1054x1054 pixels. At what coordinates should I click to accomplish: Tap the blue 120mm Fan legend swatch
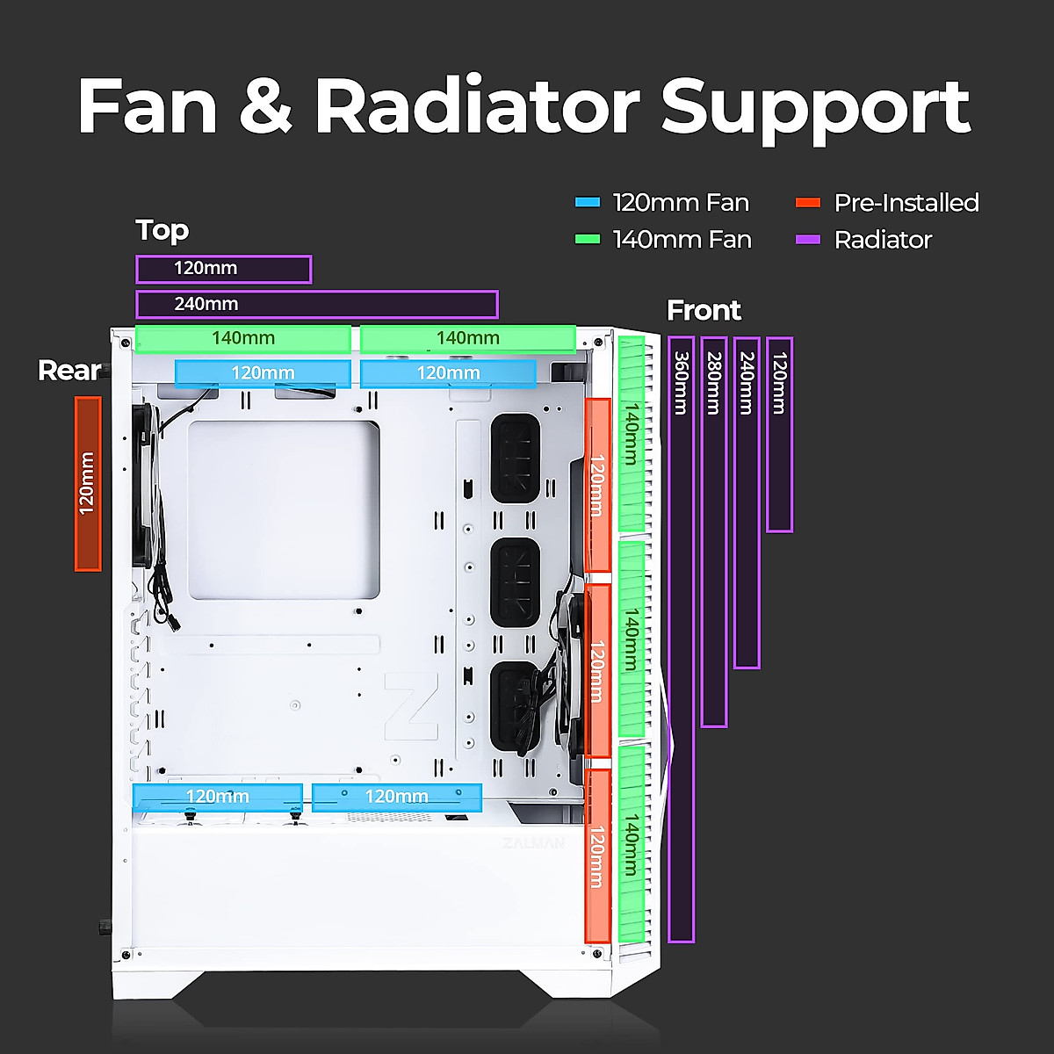[587, 202]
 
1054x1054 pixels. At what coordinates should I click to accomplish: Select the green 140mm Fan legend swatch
[587, 239]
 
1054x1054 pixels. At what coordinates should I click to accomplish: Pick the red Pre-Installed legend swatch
[807, 202]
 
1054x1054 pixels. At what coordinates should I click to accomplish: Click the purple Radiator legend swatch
[807, 239]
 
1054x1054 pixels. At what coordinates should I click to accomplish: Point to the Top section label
[162, 230]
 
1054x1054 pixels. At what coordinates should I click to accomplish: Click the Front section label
[704, 310]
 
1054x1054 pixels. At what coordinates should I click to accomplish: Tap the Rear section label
[69, 371]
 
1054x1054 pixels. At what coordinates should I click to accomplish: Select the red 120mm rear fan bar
[88, 483]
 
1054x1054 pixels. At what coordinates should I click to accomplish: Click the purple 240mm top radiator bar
[316, 304]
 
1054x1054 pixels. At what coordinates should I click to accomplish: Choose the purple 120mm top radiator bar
[223, 269]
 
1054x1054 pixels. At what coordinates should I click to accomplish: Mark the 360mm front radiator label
[681, 383]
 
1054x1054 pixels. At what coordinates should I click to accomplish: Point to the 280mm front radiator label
[714, 383]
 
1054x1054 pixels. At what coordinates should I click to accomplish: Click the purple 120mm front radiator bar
[779, 435]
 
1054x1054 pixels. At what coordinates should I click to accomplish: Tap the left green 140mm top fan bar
[243, 338]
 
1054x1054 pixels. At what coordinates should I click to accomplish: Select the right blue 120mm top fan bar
[448, 373]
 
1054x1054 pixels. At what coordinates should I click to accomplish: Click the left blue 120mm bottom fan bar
[217, 797]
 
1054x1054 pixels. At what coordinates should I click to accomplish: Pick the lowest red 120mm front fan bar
[597, 855]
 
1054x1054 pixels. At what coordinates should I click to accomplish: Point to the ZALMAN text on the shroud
[533, 843]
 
